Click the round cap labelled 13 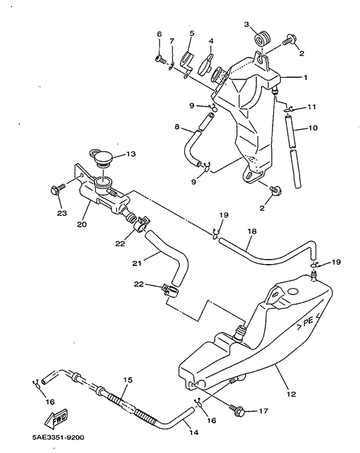point(101,157)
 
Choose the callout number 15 point(127,380)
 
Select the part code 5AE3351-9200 point(53,438)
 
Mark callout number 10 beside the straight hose point(313,128)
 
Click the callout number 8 point(177,127)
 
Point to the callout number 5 point(192,33)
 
